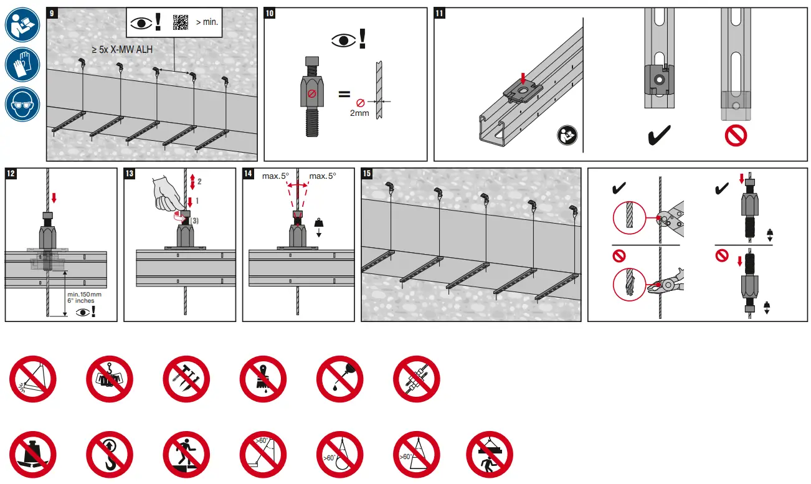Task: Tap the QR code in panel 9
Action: (180, 22)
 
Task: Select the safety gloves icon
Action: (22, 64)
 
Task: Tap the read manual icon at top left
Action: (22, 24)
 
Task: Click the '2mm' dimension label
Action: (360, 113)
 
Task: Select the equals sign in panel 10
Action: (344, 95)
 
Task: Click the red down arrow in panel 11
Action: (523, 78)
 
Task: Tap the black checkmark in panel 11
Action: (658, 135)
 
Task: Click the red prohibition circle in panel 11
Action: (736, 135)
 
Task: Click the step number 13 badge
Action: (130, 174)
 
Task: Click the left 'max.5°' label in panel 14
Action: (275, 176)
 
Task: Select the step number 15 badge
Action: (367, 174)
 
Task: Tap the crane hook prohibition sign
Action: (110, 455)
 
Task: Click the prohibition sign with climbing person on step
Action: (186, 455)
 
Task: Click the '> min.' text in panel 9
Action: (206, 22)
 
